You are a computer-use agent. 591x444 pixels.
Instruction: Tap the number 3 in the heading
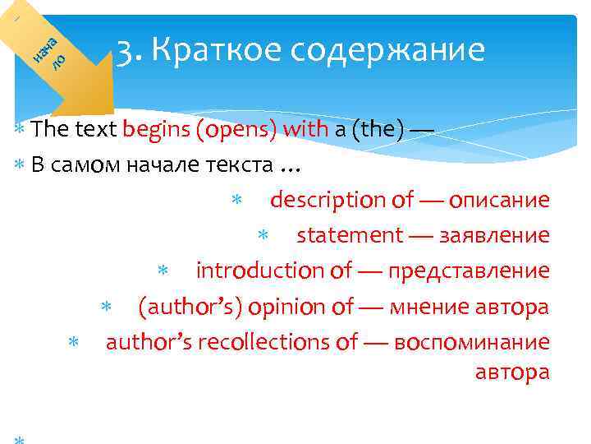pos(126,52)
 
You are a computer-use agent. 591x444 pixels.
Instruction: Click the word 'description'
pos(328,200)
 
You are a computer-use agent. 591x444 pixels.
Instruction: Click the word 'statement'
pos(349,235)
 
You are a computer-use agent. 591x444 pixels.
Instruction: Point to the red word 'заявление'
pos(494,235)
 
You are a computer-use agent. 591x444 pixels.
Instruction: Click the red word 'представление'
pos(469,271)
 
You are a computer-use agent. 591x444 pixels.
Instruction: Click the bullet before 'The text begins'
pos(20,130)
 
